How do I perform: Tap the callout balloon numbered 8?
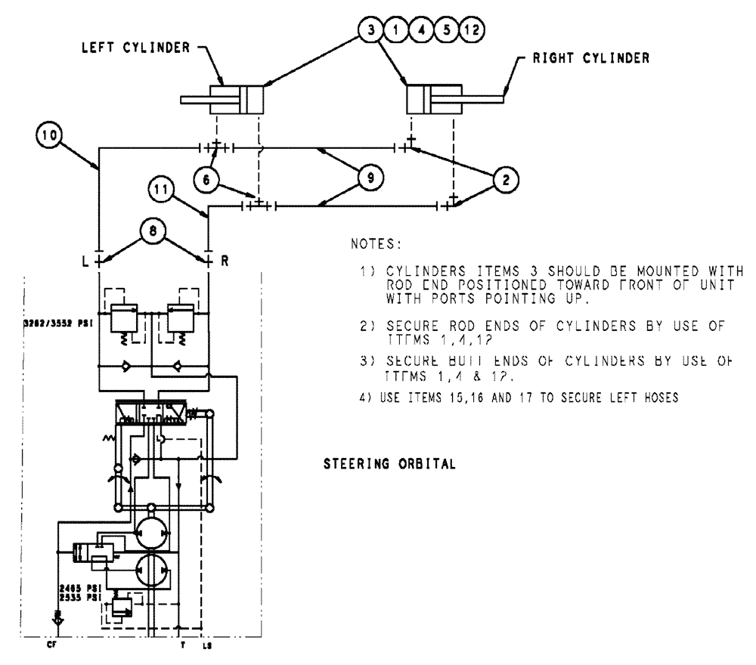tap(154, 233)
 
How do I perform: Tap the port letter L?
tap(86, 260)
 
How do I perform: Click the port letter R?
tap(225, 260)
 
